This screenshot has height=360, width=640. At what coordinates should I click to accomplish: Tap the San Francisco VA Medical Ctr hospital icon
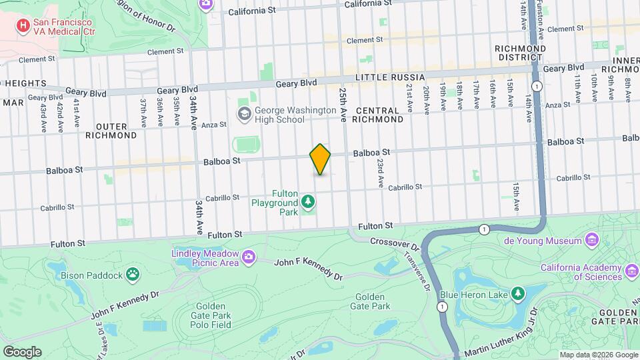pyautogui.click(x=24, y=26)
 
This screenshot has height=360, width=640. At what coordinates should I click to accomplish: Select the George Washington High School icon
pyautogui.click(x=243, y=114)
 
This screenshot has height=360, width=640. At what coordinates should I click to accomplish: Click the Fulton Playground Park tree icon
pyautogui.click(x=307, y=201)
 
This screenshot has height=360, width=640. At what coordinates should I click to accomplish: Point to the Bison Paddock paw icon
pyautogui.click(x=134, y=274)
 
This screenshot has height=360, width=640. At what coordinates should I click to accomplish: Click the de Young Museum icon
pyautogui.click(x=592, y=239)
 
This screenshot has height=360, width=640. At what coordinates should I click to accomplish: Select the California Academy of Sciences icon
pyautogui.click(x=631, y=272)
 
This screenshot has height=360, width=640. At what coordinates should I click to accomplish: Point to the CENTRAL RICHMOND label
pyautogui.click(x=379, y=115)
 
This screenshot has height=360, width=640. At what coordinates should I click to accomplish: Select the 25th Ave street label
pyautogui.click(x=343, y=104)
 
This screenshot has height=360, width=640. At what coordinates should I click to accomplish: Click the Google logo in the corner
pyautogui.click(x=22, y=351)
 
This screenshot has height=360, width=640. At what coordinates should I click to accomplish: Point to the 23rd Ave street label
pyautogui.click(x=379, y=171)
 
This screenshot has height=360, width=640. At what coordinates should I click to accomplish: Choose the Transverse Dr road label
pyautogui.click(x=414, y=265)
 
